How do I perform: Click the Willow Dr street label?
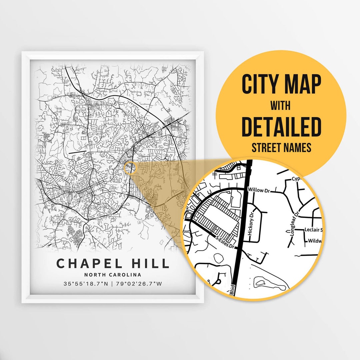point(258,190)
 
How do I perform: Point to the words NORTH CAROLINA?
point(113,275)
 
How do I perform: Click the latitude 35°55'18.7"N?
point(86,284)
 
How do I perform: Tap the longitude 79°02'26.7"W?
point(139,284)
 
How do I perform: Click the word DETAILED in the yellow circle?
point(281,127)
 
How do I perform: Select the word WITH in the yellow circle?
point(280,106)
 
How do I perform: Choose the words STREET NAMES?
point(281,147)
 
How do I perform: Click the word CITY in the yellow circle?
point(260,84)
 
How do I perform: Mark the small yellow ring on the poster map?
point(130,168)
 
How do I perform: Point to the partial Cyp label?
point(297,179)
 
